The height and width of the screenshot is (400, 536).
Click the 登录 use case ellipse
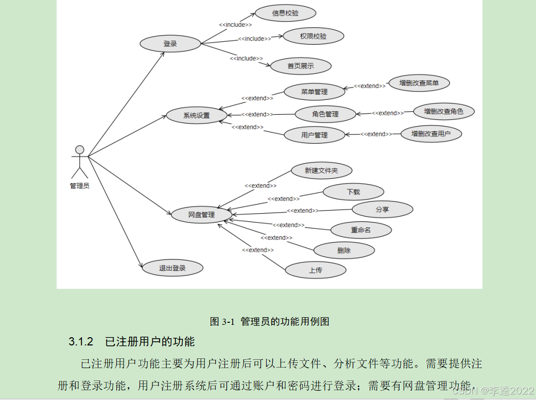pyautogui.click(x=170, y=44)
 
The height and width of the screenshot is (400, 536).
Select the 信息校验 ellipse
pyautogui.click(x=285, y=13)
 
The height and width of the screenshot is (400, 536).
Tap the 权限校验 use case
pyautogui.click(x=313, y=36)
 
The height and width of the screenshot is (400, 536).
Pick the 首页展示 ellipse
pyautogui.click(x=301, y=66)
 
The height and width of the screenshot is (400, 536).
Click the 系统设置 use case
pyautogui.click(x=197, y=115)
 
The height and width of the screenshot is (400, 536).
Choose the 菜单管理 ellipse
pyautogui.click(x=314, y=92)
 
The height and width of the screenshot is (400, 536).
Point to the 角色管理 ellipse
pyautogui.click(x=325, y=114)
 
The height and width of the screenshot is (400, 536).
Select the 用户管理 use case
pyautogui.click(x=314, y=135)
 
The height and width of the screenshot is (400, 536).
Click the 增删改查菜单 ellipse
pyautogui.click(x=419, y=83)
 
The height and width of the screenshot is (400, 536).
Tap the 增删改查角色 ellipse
pyautogui.click(x=444, y=111)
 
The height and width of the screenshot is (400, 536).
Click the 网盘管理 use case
pyautogui.click(x=201, y=215)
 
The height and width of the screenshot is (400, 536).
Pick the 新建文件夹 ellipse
pyautogui.click(x=321, y=170)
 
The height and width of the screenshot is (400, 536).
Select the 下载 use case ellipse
pyautogui.click(x=353, y=192)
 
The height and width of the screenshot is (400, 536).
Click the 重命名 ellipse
pyautogui.click(x=361, y=230)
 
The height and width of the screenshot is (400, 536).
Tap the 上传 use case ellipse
pyautogui.click(x=316, y=270)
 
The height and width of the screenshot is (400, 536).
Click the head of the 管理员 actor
pyautogui.click(x=79, y=150)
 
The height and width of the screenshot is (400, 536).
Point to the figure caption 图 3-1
pyautogui.click(x=222, y=322)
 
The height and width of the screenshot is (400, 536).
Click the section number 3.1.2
pyautogui.click(x=80, y=341)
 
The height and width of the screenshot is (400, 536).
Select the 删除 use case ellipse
pyautogui.click(x=344, y=251)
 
